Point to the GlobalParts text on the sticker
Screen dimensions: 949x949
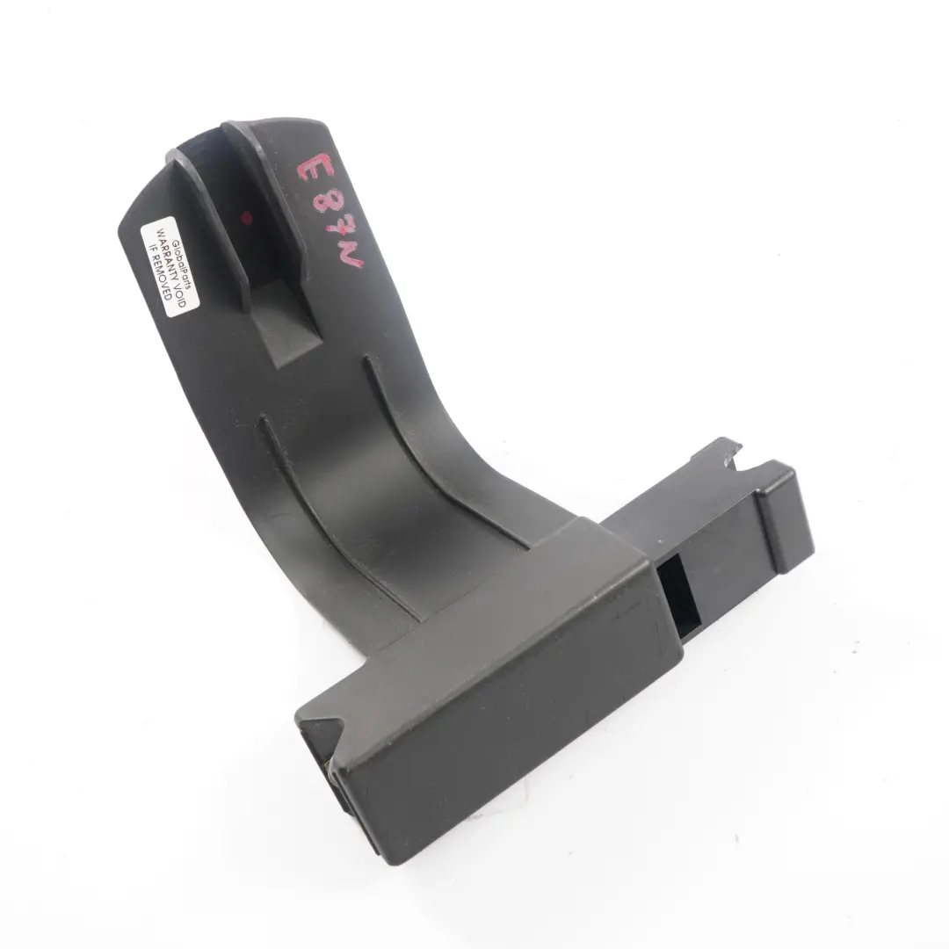180,262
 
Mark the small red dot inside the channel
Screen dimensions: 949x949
247,216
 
